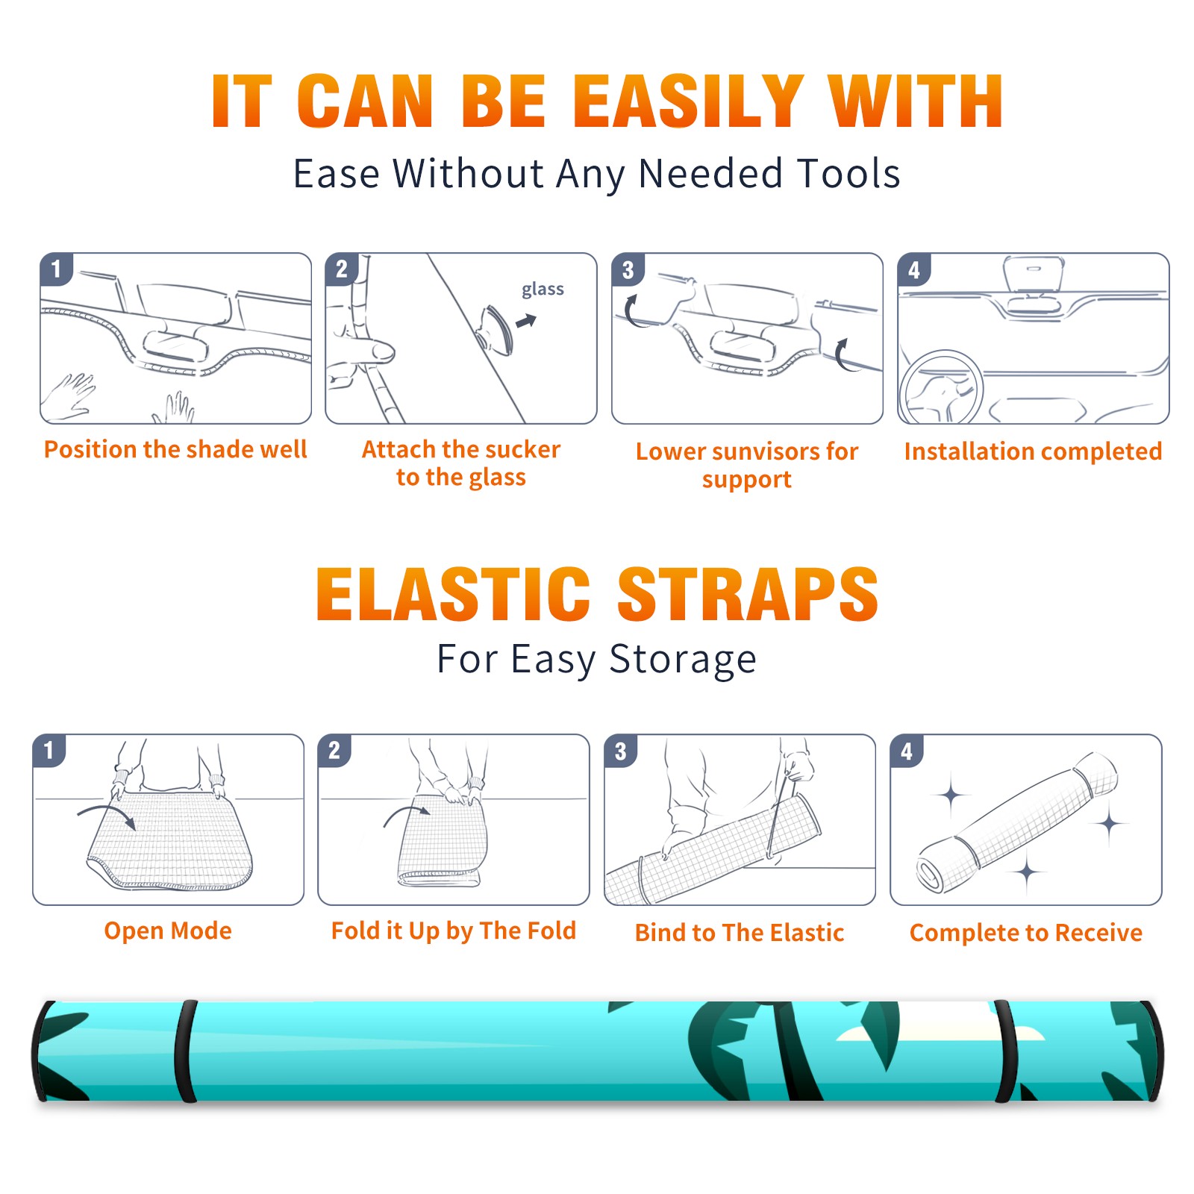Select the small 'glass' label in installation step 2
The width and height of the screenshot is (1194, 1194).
coord(543,290)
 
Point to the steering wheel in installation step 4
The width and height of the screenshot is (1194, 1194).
coord(941,387)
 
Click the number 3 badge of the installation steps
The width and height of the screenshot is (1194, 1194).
coord(628,269)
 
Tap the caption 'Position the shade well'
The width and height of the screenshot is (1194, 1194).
coord(175,449)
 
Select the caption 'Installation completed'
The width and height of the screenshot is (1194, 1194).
coord(1033,451)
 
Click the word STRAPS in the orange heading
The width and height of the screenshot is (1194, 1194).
coord(748,594)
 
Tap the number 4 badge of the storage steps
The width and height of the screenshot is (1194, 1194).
coord(907,751)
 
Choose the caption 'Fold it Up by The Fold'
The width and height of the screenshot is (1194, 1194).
coord(454,931)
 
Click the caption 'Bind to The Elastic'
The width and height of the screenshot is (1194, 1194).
coord(740,933)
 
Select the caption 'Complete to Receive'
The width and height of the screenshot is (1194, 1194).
coord(1026,933)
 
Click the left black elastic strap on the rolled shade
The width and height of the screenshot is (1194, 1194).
coord(185,1051)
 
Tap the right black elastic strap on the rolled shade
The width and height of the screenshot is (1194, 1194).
coord(1007,1051)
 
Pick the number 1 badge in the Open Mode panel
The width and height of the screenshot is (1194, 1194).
coord(49,751)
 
